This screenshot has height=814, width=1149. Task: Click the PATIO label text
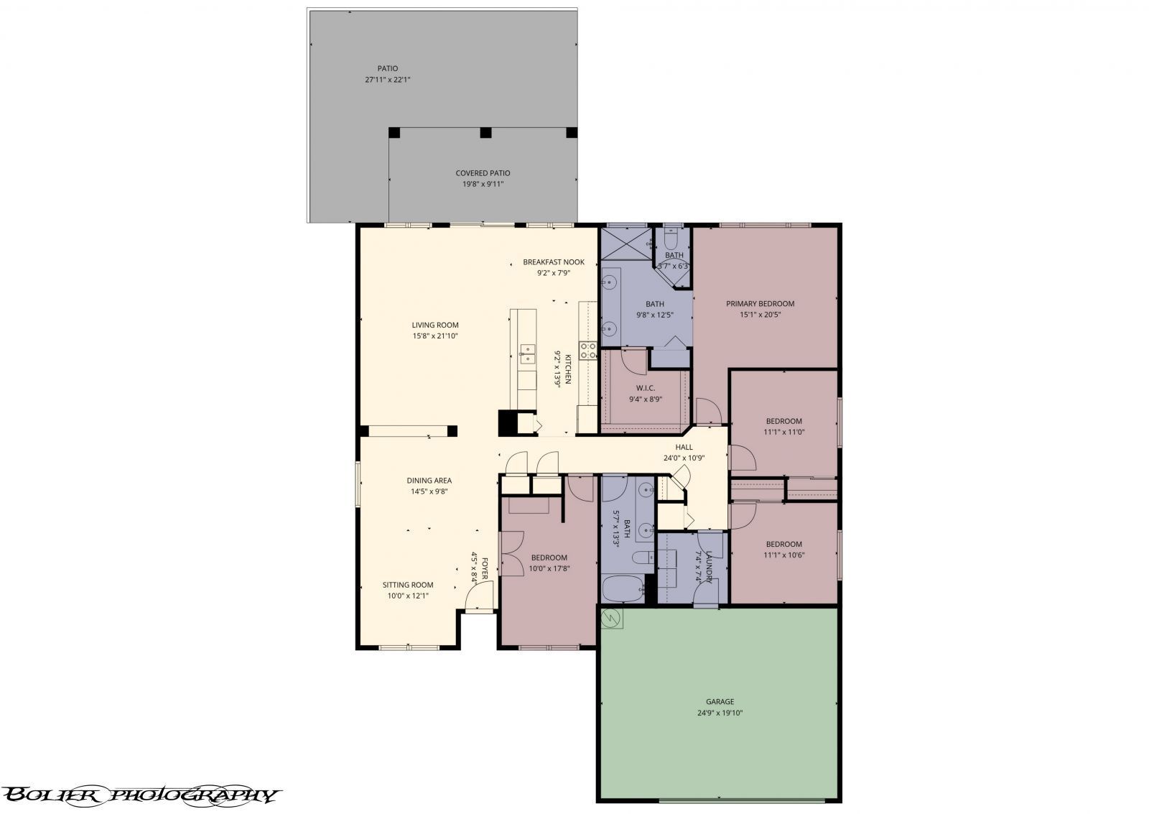(x=388, y=68)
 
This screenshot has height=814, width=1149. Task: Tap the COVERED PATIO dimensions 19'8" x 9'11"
(x=483, y=185)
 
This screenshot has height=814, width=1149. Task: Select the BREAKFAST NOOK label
(x=553, y=262)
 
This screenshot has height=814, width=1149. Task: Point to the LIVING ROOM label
(x=434, y=325)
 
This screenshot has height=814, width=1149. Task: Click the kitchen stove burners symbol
(x=588, y=351)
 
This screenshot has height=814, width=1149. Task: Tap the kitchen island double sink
(x=527, y=353)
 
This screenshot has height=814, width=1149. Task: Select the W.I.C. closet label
(x=645, y=388)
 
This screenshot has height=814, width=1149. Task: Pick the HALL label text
(x=684, y=447)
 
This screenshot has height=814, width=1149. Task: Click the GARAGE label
(x=719, y=701)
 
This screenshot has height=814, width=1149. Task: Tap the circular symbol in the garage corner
(x=613, y=618)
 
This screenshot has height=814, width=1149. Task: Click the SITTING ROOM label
(x=407, y=585)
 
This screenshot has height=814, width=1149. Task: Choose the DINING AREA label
(x=429, y=481)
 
